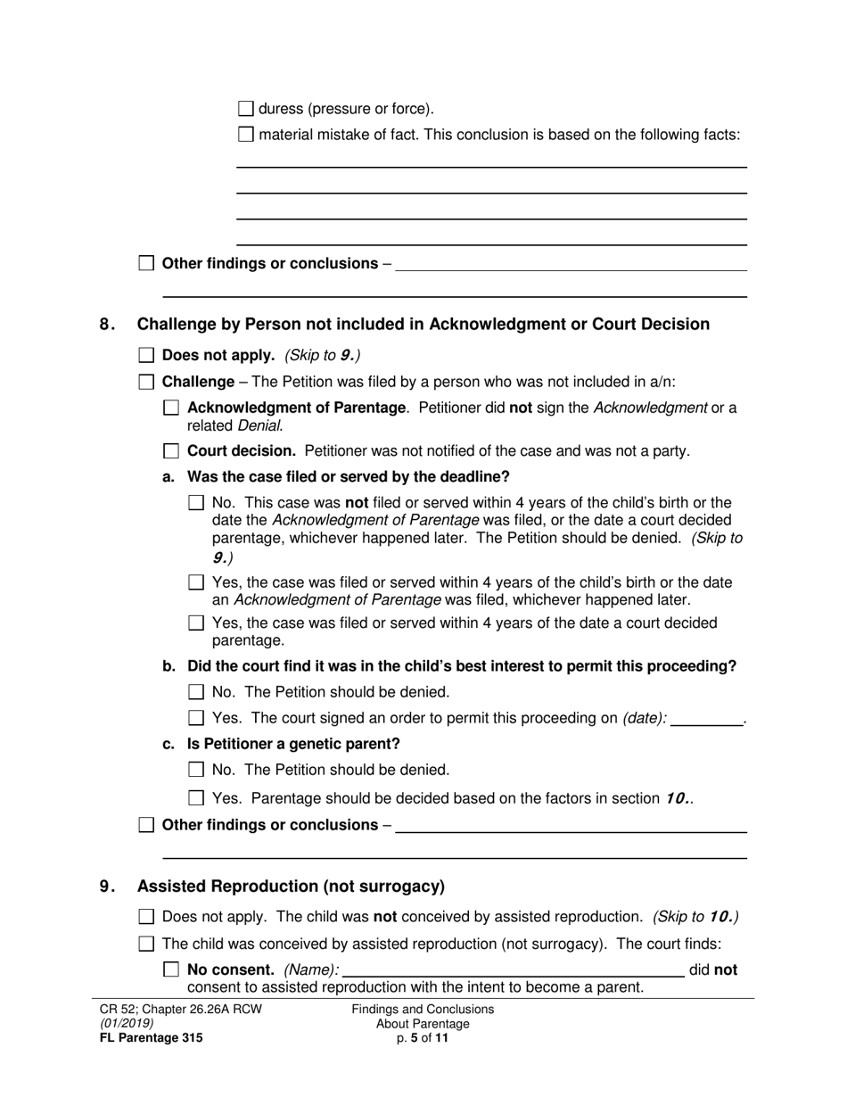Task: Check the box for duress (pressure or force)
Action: pyautogui.click(x=247, y=110)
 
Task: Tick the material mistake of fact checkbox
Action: pyautogui.click(x=247, y=136)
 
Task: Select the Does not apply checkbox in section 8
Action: pyautogui.click(x=147, y=356)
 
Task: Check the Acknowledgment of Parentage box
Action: pyautogui.click(x=172, y=408)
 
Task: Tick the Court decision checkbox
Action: pyautogui.click(x=172, y=451)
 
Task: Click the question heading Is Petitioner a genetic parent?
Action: pyautogui.click(x=293, y=744)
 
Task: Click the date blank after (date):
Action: pyautogui.click(x=706, y=719)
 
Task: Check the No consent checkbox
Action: pyautogui.click(x=172, y=969)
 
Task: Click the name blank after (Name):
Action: pyautogui.click(x=513, y=969)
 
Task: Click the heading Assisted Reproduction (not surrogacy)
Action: pyautogui.click(x=291, y=887)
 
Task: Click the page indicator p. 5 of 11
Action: pyautogui.click(x=423, y=1038)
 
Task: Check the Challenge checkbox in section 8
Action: pyautogui.click(x=147, y=383)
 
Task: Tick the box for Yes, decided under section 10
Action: pyautogui.click(x=197, y=799)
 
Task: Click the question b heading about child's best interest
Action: pyautogui.click(x=462, y=666)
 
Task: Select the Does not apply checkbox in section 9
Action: pyautogui.click(x=147, y=917)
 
